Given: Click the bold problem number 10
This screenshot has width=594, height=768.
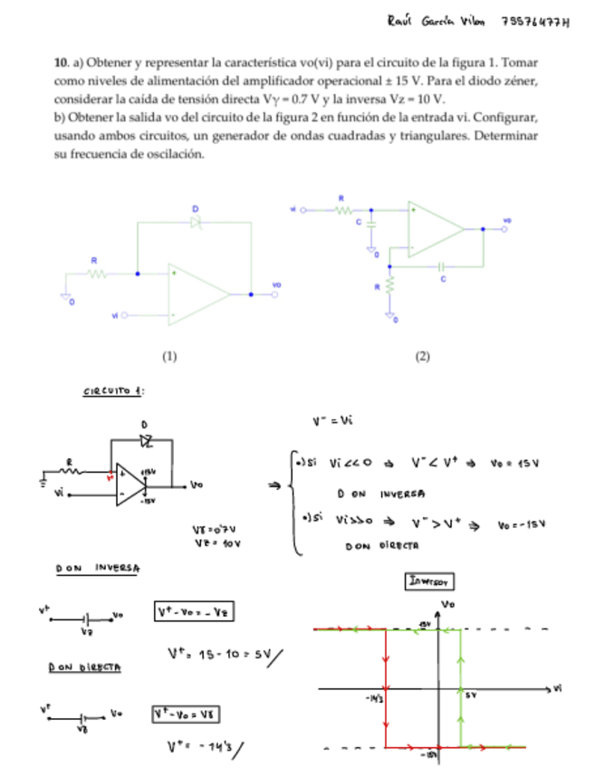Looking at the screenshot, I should click(x=61, y=64).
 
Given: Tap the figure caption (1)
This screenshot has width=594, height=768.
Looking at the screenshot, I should click(x=169, y=357).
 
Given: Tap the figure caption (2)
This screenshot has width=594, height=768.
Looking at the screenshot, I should click(x=422, y=357).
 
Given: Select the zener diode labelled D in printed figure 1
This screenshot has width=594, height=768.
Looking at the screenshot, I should click(x=195, y=222).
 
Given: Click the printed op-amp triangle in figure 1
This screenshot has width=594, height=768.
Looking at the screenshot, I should click(x=197, y=293).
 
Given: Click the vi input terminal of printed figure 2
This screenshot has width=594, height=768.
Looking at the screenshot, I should click(x=302, y=209).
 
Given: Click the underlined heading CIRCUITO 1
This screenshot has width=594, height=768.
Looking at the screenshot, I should click(x=114, y=392).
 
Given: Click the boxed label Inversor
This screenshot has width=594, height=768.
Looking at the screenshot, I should click(x=428, y=581).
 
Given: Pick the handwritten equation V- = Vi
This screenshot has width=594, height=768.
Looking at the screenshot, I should click(x=331, y=419).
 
